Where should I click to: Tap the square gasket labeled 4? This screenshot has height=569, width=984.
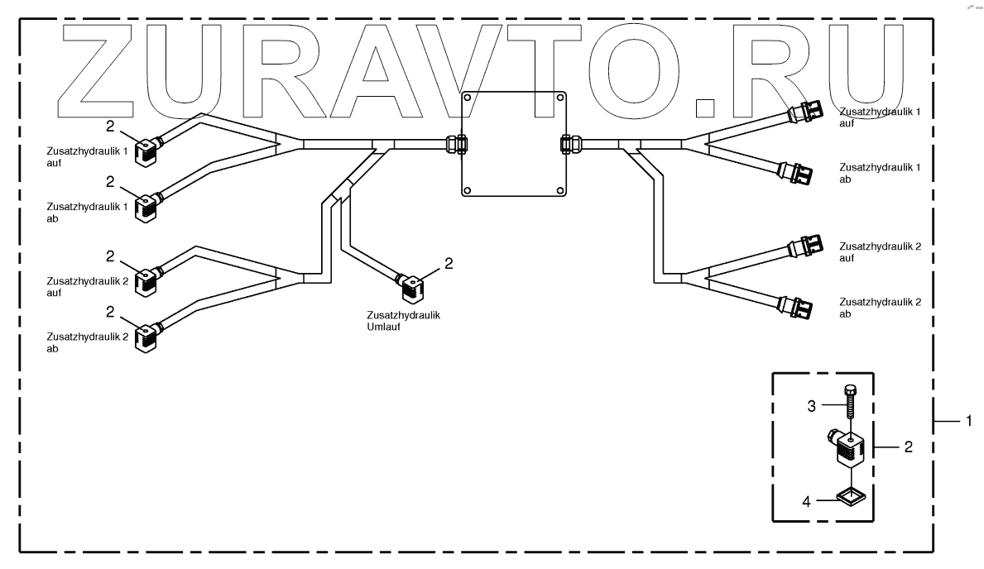850,497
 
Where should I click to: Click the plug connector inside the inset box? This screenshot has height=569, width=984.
847,448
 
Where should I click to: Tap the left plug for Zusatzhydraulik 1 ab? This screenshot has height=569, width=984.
147,204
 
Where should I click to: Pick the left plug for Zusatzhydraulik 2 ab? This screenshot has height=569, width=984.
147,336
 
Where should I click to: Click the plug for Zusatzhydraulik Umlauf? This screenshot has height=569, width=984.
412,285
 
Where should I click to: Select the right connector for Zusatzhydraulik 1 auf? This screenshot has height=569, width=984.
807,112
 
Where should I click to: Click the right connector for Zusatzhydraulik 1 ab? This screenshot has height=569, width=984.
799,173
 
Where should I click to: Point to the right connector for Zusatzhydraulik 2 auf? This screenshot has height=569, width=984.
807,246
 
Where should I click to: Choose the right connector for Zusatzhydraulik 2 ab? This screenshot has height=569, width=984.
799,308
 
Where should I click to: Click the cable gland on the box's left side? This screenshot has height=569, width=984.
455,145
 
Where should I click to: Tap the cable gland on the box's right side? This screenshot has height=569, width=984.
569,145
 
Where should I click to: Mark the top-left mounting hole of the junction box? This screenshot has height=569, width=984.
468,98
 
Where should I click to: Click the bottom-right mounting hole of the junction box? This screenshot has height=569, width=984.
559,190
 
